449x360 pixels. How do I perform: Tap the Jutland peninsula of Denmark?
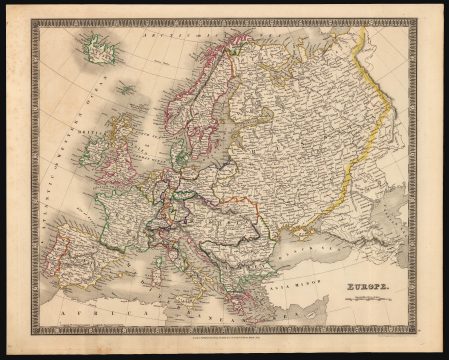point(172,150)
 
